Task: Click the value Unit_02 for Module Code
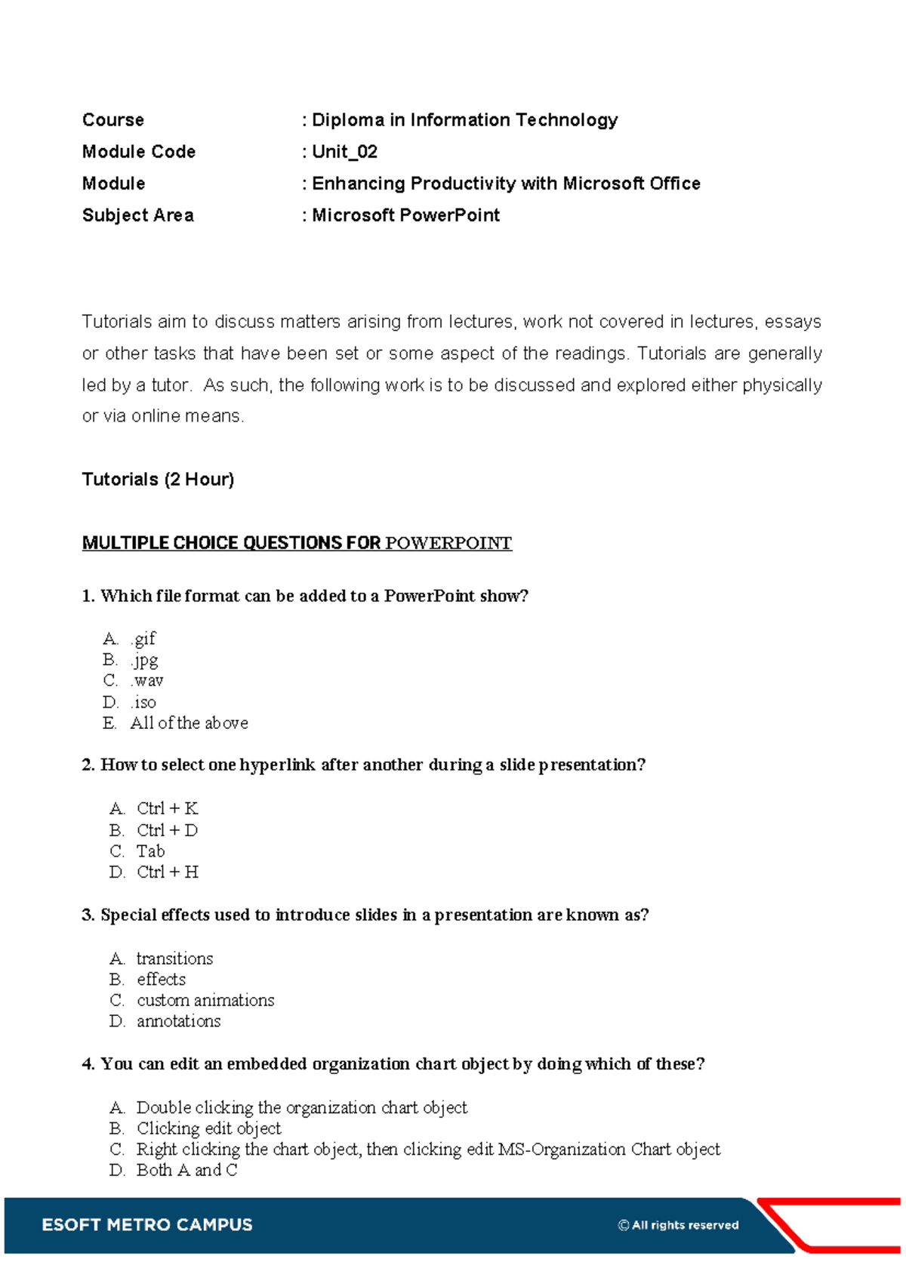click(344, 152)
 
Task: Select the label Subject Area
click(137, 215)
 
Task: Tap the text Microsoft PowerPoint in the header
click(405, 215)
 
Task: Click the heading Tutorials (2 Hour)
click(158, 480)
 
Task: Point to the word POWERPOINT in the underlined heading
click(448, 543)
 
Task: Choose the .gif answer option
click(143, 639)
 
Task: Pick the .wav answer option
click(146, 681)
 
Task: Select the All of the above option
click(189, 723)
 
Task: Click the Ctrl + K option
click(167, 809)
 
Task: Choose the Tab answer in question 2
click(150, 851)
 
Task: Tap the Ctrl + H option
click(167, 872)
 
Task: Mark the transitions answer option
click(174, 958)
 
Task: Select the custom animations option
click(205, 1000)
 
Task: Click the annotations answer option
click(178, 1021)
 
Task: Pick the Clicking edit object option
click(208, 1128)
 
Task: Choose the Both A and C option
click(186, 1170)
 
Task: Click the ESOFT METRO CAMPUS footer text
click(147, 1224)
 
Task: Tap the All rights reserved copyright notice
click(678, 1225)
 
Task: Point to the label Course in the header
click(113, 120)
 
